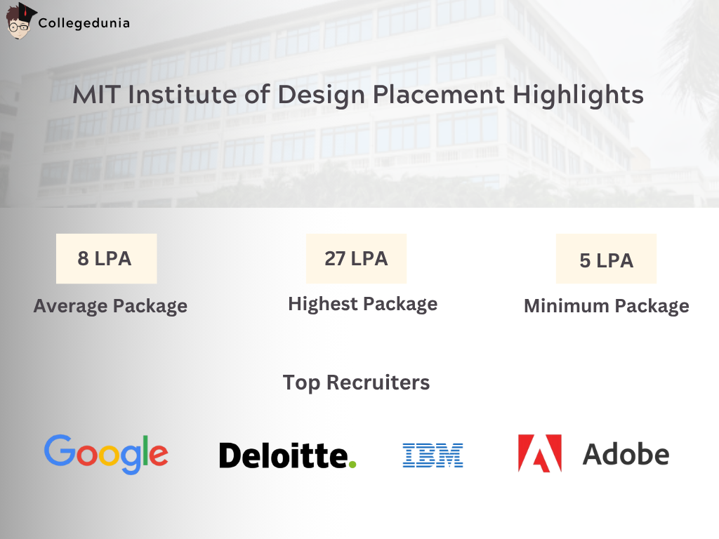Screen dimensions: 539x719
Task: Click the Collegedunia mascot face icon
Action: click(x=20, y=21)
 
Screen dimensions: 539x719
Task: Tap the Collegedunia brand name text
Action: click(x=84, y=23)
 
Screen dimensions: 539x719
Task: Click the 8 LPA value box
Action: click(x=106, y=258)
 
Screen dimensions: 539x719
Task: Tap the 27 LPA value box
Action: click(x=356, y=258)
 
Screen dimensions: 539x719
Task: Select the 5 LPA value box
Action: click(x=606, y=260)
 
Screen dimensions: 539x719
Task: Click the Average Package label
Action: click(x=110, y=306)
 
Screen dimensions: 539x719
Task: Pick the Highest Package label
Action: click(x=362, y=304)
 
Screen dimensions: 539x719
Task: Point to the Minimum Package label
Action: click(x=606, y=306)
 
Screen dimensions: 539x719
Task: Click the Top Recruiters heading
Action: click(x=356, y=382)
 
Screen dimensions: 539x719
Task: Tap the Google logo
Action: click(x=106, y=453)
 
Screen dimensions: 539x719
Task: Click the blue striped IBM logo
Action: click(x=433, y=455)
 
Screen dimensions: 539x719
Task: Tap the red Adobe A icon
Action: click(x=539, y=453)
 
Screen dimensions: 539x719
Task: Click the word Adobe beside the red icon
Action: click(x=626, y=454)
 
